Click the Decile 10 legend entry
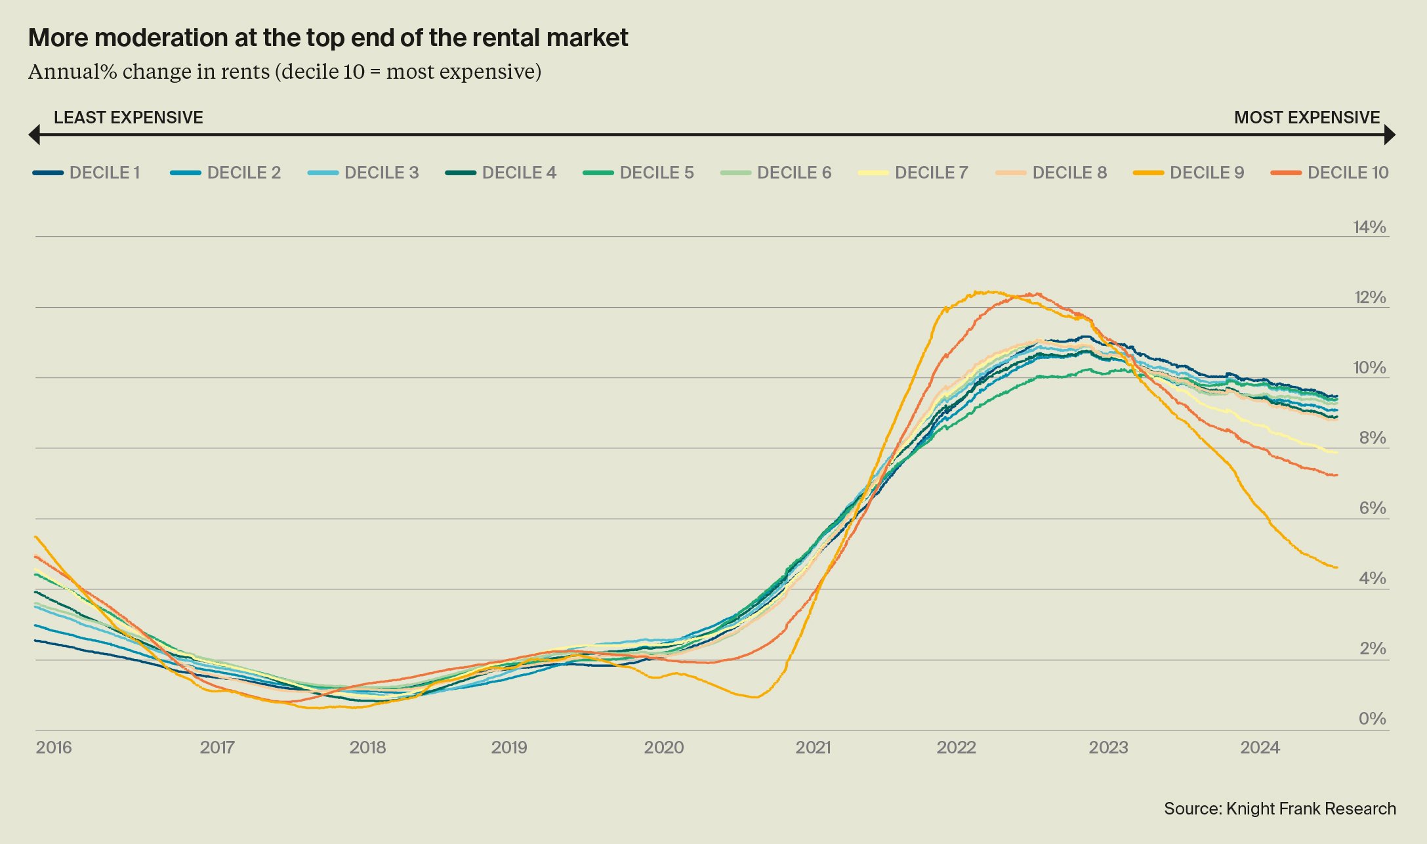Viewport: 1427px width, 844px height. [x=1331, y=173]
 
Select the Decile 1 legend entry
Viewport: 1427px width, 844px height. [x=87, y=173]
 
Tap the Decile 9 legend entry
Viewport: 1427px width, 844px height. [x=1189, y=173]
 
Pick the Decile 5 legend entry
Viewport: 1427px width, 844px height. [x=638, y=173]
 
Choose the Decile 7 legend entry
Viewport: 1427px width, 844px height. [x=913, y=173]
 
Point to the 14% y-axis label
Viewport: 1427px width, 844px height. [x=1369, y=227]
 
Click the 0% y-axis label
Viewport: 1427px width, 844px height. [x=1372, y=719]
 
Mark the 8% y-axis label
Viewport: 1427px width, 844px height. [x=1372, y=438]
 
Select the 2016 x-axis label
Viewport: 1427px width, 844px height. [x=54, y=748]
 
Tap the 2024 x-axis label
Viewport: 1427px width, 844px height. [x=1260, y=748]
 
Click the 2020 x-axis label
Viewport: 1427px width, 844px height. [x=664, y=748]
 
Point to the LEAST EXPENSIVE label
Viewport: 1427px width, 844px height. [x=129, y=117]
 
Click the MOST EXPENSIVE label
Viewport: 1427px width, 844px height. [x=1307, y=117]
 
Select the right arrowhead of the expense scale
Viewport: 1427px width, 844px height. [x=1390, y=135]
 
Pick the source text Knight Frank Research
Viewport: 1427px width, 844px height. [x=1311, y=809]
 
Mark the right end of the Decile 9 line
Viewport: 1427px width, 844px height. [x=1336, y=568]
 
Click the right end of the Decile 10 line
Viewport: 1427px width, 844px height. [x=1336, y=475]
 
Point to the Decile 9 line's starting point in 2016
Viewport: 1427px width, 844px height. [x=35, y=537]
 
